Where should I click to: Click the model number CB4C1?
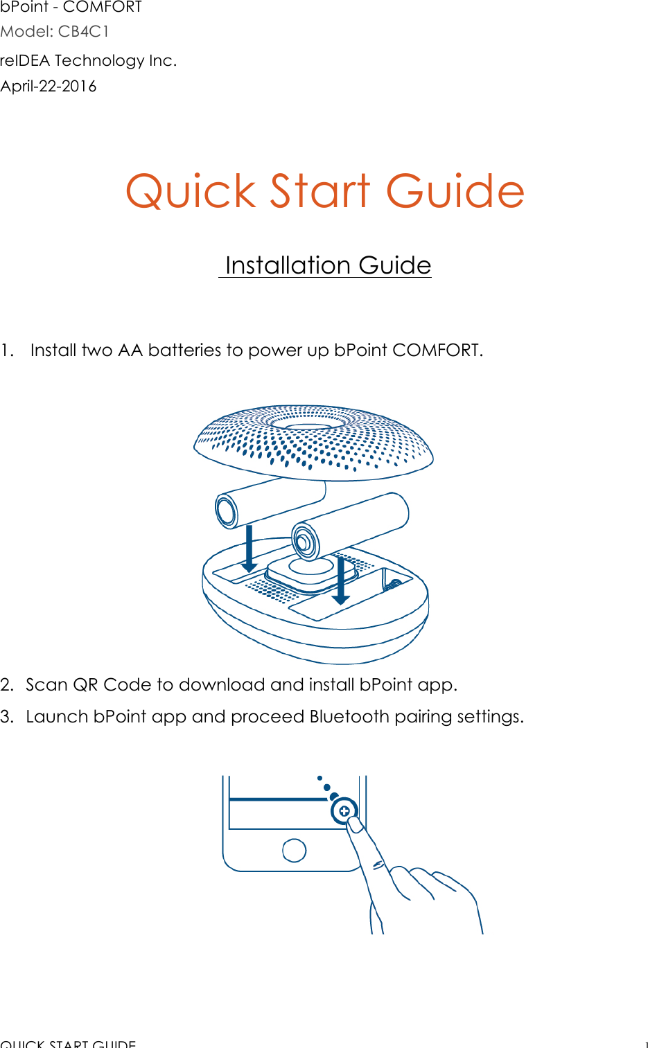[83, 32]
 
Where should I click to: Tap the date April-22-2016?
[49, 87]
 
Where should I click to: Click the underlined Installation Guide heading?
[327, 266]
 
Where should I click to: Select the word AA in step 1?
[130, 350]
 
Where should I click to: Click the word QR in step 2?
[85, 685]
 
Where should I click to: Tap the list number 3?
[6, 717]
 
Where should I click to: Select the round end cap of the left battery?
[227, 511]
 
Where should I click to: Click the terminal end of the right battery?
[304, 540]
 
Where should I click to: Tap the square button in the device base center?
[310, 570]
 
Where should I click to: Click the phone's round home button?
[294, 850]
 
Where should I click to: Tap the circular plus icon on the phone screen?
[344, 810]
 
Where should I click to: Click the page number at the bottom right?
[645, 1044]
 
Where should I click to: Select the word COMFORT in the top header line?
[103, 7]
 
